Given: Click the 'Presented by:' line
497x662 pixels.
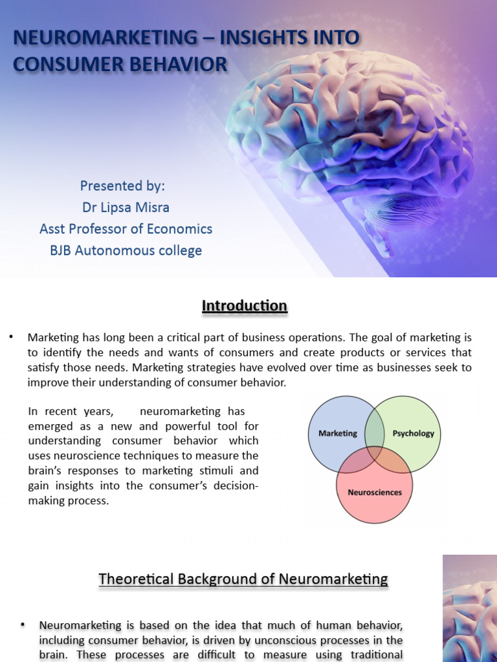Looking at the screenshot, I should [x=122, y=186].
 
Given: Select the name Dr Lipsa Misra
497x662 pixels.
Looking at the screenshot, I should [x=126, y=208].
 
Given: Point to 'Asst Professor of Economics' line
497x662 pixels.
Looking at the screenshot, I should [x=126, y=229].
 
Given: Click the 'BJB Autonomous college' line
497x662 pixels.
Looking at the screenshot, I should [x=126, y=250].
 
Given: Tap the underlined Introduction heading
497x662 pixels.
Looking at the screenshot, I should [x=244, y=306].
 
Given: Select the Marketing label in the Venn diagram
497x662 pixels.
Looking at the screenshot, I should [x=338, y=433].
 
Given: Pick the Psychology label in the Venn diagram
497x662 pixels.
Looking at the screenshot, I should [x=413, y=433].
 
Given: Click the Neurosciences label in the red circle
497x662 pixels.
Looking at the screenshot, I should [x=375, y=492].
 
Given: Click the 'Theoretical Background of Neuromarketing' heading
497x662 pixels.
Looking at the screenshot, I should [x=243, y=579].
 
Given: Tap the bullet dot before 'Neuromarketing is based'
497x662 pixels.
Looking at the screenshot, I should [x=23, y=625].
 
